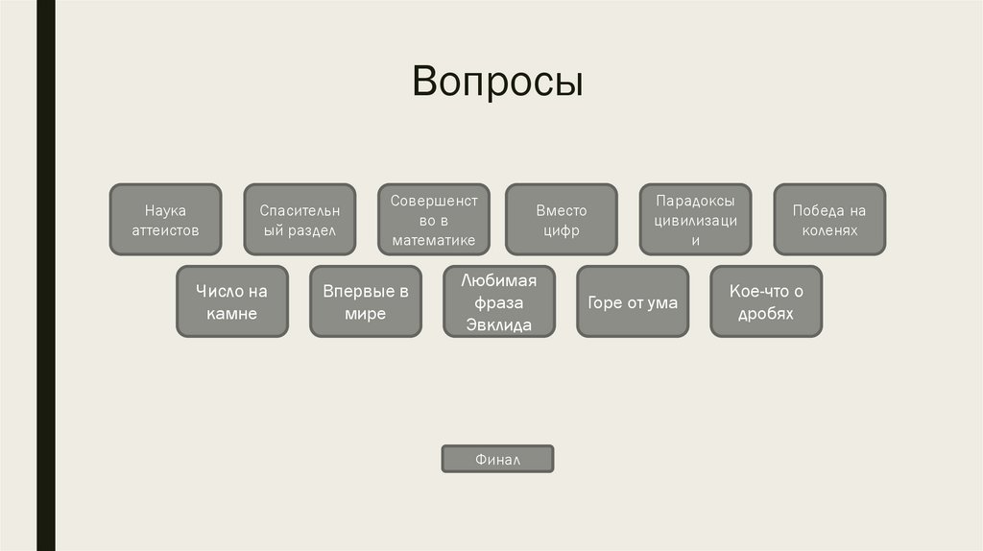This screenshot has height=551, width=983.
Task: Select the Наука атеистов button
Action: point(165,220)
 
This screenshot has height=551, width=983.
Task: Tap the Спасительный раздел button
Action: point(299,220)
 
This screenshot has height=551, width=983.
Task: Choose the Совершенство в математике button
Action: point(433,220)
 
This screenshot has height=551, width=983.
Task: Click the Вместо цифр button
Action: point(561,220)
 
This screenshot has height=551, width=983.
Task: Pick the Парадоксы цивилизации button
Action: point(695,220)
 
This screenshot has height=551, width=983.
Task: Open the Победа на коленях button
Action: point(829,220)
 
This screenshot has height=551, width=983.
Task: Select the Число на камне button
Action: point(231,301)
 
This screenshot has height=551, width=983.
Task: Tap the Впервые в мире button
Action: point(365,301)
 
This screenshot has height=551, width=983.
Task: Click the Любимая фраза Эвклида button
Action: point(499,301)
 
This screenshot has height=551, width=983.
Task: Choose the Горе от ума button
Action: point(633,301)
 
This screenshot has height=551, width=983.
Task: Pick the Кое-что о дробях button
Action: point(766,301)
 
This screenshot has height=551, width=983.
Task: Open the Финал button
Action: point(497,460)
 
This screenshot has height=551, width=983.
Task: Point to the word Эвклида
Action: point(499,324)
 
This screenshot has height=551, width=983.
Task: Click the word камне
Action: point(231,313)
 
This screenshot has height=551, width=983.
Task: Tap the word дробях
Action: point(766,313)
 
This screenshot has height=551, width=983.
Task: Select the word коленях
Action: point(829,231)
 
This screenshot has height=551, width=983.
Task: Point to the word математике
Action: point(433,240)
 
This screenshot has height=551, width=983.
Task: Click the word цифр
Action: point(561,231)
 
